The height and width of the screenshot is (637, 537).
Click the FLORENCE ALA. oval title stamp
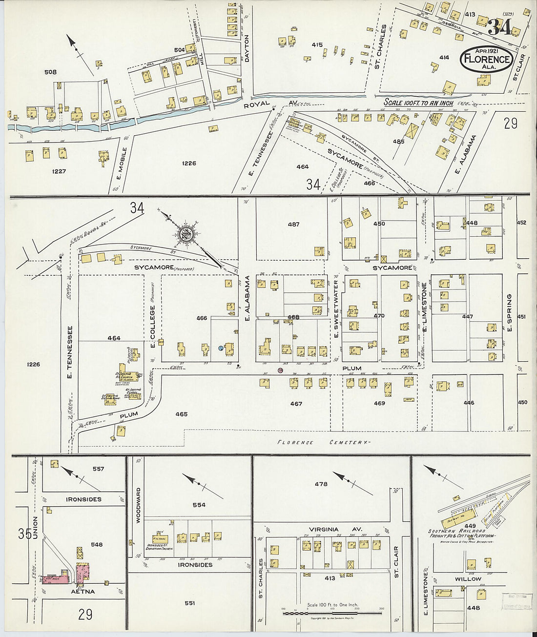(x=487, y=60)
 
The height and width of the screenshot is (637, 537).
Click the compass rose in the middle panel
(x=186, y=233)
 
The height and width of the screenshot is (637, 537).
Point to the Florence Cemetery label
(x=322, y=442)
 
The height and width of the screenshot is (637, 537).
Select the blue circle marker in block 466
(x=221, y=349)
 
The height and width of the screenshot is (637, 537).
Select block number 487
(x=293, y=225)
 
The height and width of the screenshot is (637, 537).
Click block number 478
(x=321, y=484)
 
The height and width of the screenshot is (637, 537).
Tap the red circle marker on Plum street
(x=280, y=371)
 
